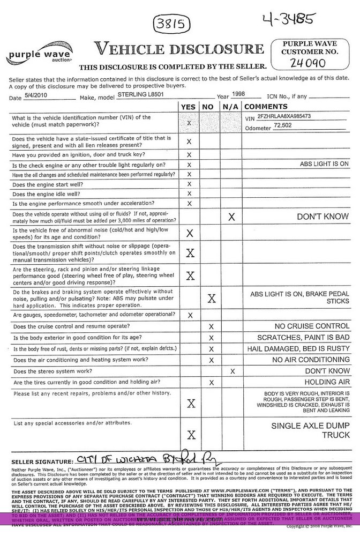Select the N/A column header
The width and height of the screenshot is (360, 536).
click(231, 107)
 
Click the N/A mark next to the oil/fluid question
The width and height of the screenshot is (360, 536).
click(231, 217)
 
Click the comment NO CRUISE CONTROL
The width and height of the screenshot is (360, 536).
click(311, 326)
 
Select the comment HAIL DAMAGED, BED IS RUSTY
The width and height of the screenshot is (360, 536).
click(303, 348)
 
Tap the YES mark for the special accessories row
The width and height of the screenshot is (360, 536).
click(189, 434)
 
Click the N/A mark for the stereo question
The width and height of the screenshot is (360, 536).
click(231, 371)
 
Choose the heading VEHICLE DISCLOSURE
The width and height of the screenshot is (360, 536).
click(175, 49)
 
